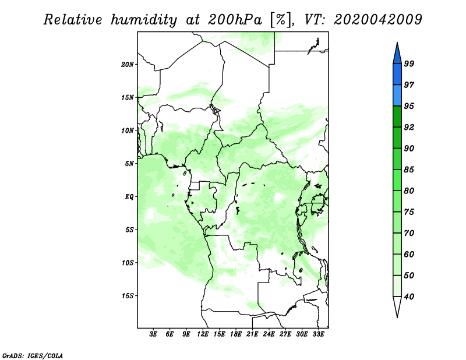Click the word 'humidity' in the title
tap(145, 20)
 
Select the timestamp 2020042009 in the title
tap(379, 20)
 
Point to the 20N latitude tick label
tap(128, 64)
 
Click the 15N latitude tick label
tap(128, 97)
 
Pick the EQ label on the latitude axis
tap(130, 197)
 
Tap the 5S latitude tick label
tap(129, 230)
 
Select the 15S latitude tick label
tap(128, 296)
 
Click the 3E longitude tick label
tap(154, 334)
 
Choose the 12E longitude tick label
tap(203, 334)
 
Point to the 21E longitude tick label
tap(252, 334)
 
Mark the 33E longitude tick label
tap(318, 334)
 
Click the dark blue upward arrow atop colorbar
tap(397, 53)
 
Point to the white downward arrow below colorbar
tap(397, 307)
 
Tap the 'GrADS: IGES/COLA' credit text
tap(32, 355)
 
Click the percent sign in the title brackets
tap(281, 20)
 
